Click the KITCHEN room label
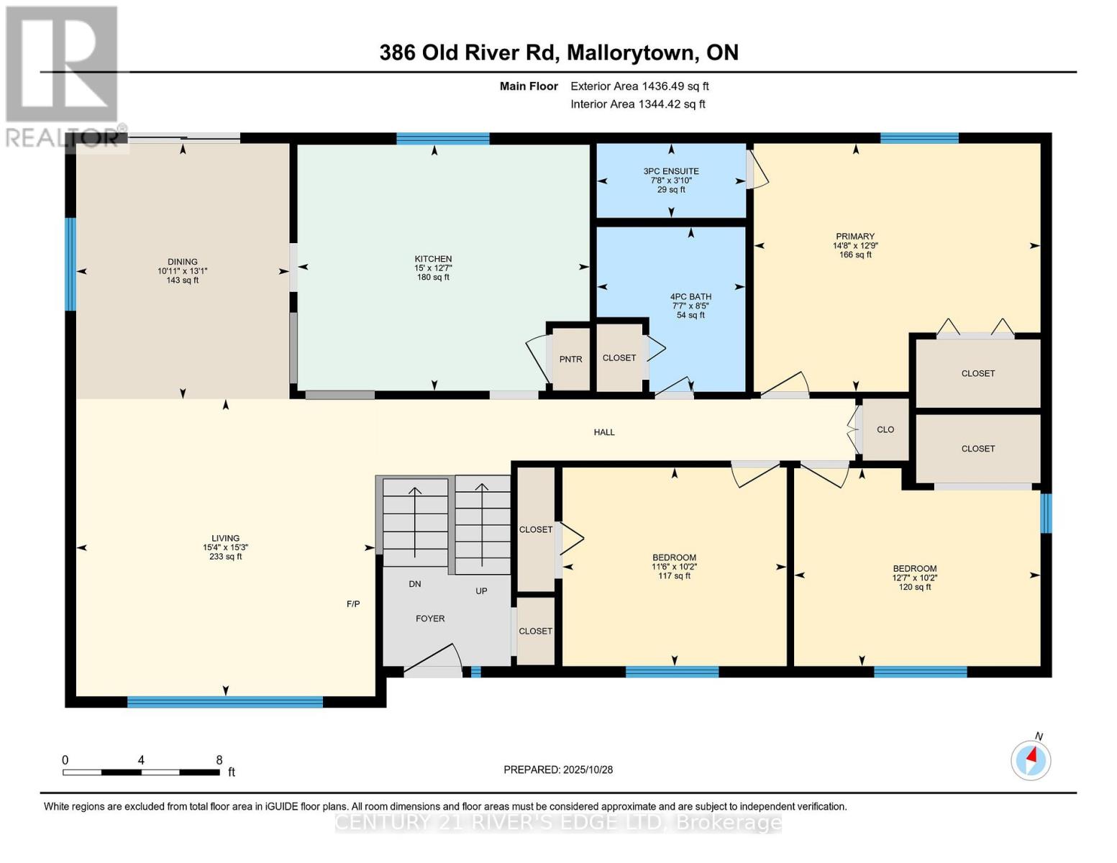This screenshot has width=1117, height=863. pyautogui.click(x=433, y=259)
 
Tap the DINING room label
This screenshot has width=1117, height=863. pyautogui.click(x=183, y=262)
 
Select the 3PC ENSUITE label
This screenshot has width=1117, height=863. pyautogui.click(x=671, y=171)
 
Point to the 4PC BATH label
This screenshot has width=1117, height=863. pyautogui.click(x=690, y=296)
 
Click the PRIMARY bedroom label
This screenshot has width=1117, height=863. pyautogui.click(x=855, y=237)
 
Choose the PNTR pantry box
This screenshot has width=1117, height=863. pyautogui.click(x=570, y=359)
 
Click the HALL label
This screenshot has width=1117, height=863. pyautogui.click(x=604, y=432)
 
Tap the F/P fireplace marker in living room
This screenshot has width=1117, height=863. pyautogui.click(x=353, y=604)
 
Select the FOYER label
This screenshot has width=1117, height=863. pyautogui.click(x=430, y=618)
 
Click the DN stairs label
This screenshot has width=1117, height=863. pyautogui.click(x=415, y=584)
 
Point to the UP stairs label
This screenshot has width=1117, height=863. pyautogui.click(x=481, y=591)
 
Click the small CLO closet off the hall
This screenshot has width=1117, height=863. pyautogui.click(x=885, y=429)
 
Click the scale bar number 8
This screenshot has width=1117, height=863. pyautogui.click(x=219, y=760)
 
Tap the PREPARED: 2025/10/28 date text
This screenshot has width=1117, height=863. pyautogui.click(x=558, y=770)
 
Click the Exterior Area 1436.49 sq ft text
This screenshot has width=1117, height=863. pyautogui.click(x=639, y=86)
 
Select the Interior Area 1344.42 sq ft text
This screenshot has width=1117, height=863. pyautogui.click(x=638, y=104)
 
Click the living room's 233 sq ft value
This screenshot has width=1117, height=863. pyautogui.click(x=225, y=557)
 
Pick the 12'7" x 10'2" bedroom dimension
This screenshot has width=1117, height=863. pyautogui.click(x=914, y=577)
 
